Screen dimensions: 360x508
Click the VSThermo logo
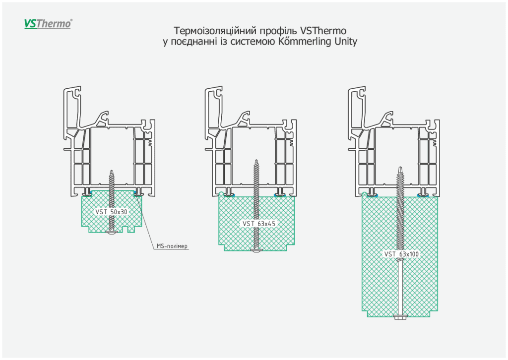coord(48,24)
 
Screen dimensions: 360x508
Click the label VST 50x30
coord(111,212)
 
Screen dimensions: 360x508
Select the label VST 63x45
coord(258,224)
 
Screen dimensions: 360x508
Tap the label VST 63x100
coord(401,254)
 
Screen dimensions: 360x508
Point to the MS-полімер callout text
coord(172,246)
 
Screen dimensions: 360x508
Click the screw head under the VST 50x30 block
coord(111,233)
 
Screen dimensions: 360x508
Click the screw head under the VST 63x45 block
coord(256,252)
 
